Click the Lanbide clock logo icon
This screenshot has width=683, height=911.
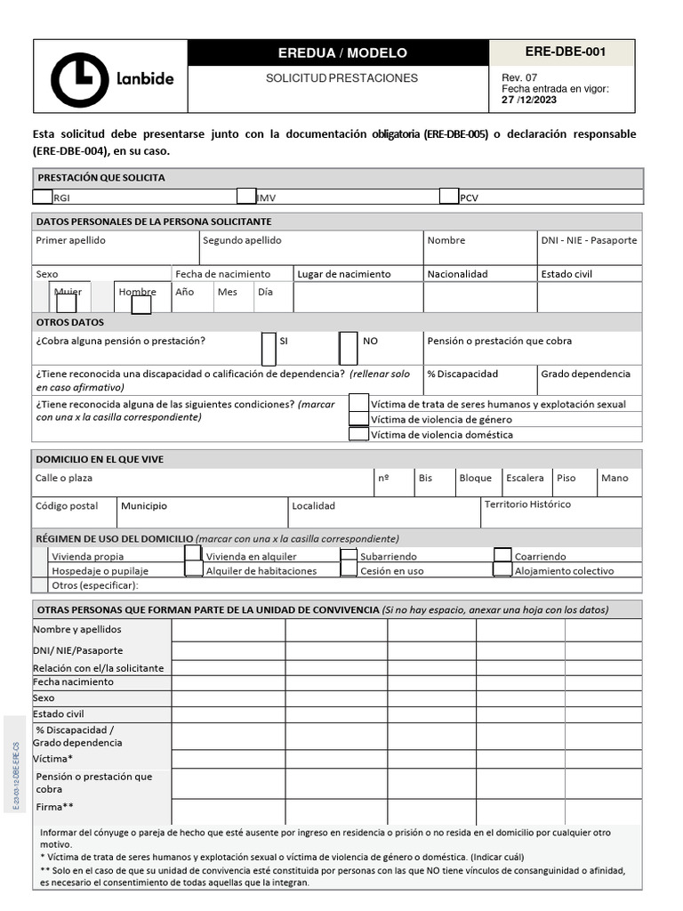[80, 79]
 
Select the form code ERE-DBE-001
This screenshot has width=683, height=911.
[565, 52]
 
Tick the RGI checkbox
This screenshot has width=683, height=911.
[43, 197]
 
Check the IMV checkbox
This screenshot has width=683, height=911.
[246, 197]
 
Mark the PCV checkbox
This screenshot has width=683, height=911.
[449, 197]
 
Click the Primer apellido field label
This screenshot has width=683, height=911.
[70, 240]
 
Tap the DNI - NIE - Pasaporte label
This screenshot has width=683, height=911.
[589, 240]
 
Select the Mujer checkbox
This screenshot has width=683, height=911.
[67, 303]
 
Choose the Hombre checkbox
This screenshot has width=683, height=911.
[141, 304]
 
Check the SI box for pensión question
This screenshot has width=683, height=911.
[269, 348]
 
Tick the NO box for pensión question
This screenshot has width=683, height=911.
[348, 348]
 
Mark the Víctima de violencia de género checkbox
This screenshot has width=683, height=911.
[358, 419]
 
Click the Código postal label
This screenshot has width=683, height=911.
[67, 506]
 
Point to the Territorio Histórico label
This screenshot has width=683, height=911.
[527, 504]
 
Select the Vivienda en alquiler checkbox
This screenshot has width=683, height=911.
[193, 555]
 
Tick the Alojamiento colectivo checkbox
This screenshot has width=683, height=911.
[502, 569]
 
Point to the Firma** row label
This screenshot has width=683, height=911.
[55, 807]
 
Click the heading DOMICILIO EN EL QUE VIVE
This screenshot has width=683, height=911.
[99, 459]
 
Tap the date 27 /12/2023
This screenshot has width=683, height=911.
[529, 100]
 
